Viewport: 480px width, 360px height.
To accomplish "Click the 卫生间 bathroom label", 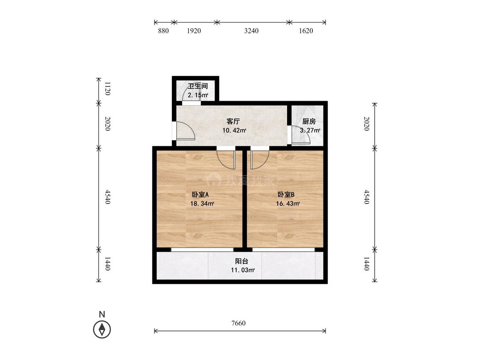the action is coord(198,86).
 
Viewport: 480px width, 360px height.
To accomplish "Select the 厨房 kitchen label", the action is coord(309,122).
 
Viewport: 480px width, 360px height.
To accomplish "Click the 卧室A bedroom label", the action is coord(200,195).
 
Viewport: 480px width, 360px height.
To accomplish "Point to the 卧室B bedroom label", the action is coord(286,195).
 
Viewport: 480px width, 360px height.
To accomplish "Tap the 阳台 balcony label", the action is coord(241,261).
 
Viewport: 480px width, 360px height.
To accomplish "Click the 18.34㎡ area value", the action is coord(202,203).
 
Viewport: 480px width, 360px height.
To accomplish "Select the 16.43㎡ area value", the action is coord(288,203).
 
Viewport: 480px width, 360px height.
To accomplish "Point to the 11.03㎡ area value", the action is coord(243,270).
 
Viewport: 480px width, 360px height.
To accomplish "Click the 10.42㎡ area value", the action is coord(234,131).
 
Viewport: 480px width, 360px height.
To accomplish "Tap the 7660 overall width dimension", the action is coord(239,323).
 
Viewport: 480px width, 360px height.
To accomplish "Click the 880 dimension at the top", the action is coord(163,31).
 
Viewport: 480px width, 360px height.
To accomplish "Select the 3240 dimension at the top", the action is coord(251,31).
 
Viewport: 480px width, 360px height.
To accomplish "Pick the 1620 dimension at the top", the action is coord(306,31).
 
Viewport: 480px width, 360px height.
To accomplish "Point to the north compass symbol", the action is coord(102,330).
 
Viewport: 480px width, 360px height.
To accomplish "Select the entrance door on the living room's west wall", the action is coord(186,131).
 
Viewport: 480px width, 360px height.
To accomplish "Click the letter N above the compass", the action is coord(102,314).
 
